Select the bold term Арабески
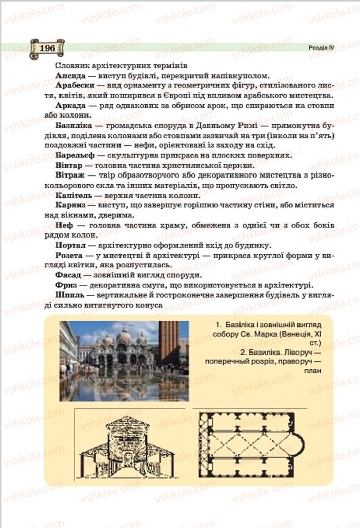click(x=73, y=84)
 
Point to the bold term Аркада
click(x=71, y=105)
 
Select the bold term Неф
click(x=64, y=225)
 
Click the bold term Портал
click(x=72, y=246)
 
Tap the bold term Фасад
click(x=69, y=275)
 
